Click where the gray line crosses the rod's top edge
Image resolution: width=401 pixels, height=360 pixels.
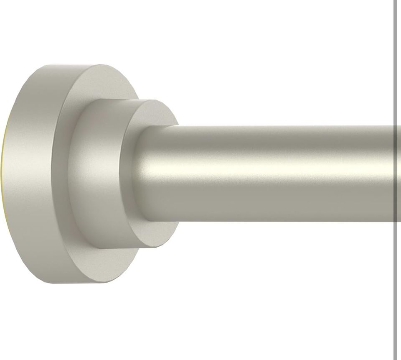395,125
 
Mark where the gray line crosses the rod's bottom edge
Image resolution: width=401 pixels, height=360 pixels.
395,221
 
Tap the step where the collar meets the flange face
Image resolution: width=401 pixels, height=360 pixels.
75,176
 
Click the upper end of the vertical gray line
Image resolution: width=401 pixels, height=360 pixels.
395,1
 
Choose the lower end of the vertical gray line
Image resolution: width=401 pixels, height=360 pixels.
395,358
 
